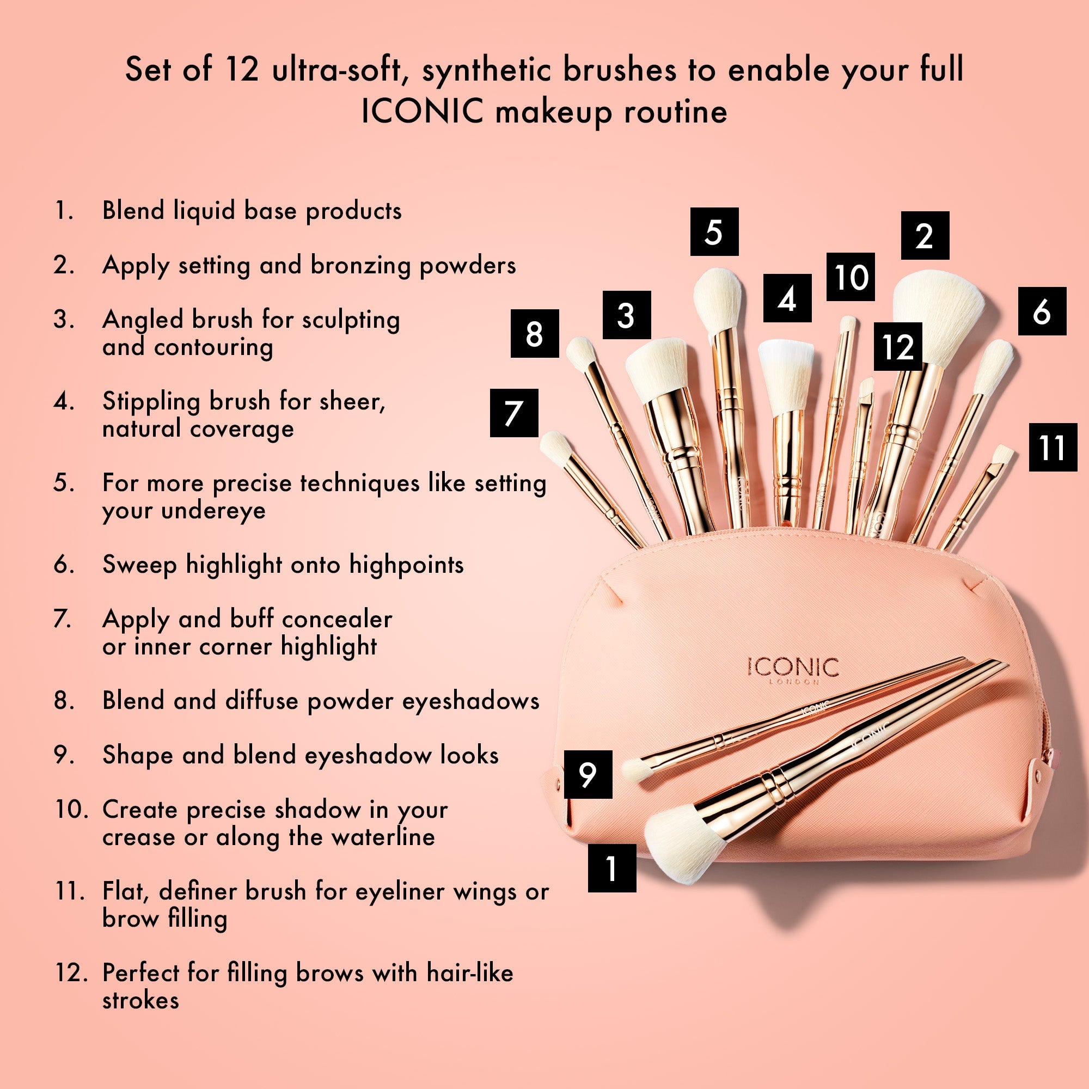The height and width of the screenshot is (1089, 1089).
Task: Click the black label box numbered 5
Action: pos(714,231)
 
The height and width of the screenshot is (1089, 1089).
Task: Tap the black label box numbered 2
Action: pos(925,236)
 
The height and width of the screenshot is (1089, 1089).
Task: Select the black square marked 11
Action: pos(1053,448)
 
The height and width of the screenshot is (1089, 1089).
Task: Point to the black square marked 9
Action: pos(588,774)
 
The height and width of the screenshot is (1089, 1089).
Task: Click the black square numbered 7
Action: pos(513,413)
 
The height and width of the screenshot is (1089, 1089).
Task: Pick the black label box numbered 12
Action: pos(898,346)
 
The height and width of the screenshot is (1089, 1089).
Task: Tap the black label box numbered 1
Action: pos(611,867)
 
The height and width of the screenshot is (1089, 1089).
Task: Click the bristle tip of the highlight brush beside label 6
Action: pos(994,366)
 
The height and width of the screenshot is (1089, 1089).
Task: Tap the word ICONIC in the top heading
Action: pos(422,111)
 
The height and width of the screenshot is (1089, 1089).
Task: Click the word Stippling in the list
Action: pos(151,401)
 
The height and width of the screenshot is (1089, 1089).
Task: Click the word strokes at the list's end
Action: pos(140,1000)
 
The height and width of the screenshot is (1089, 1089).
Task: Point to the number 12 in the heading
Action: pos(241,69)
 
